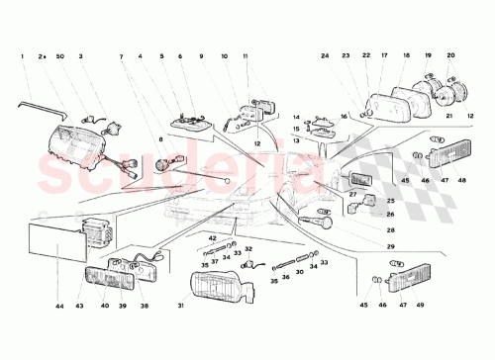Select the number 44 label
59,307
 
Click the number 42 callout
212,238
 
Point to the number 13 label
296,140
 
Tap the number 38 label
145,307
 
